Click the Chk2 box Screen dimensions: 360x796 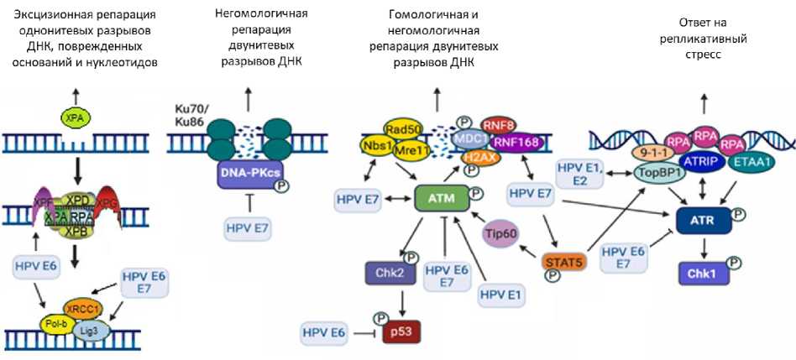coord(385,273)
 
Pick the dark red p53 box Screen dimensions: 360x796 coord(401,333)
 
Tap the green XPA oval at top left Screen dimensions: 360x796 coord(76,120)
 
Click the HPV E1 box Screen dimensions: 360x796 coord(505,295)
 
